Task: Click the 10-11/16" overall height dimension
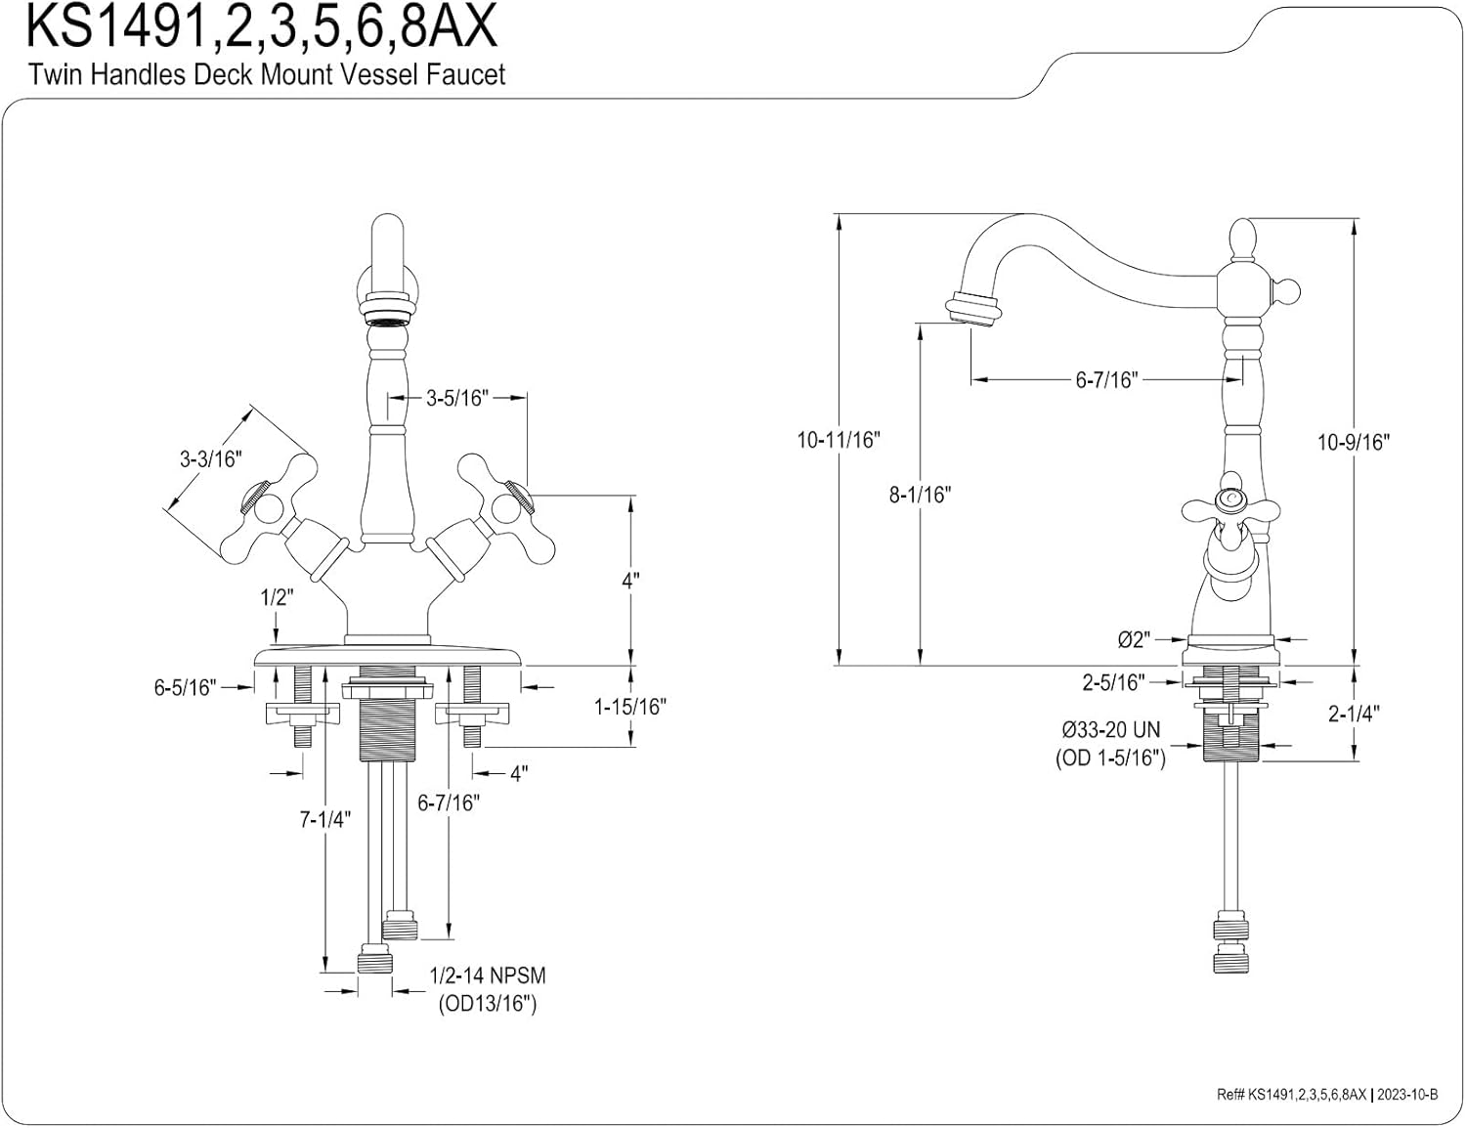pos(838,440)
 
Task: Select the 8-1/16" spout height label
pos(919,495)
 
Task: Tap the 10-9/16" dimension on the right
pos(1353,442)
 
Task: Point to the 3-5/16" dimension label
pos(456,398)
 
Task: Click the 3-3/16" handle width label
pos(210,458)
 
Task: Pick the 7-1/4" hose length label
pos(324,819)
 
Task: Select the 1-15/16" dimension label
pos(630,706)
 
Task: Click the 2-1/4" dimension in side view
pos(1353,714)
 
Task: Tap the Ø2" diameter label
pos(1134,640)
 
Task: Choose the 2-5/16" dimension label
pos(1112,682)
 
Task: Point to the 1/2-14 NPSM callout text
pos(488,976)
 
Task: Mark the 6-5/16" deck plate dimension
pos(184,687)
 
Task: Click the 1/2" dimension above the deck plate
pos(277,597)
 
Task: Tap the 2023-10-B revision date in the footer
pos(1407,1095)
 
